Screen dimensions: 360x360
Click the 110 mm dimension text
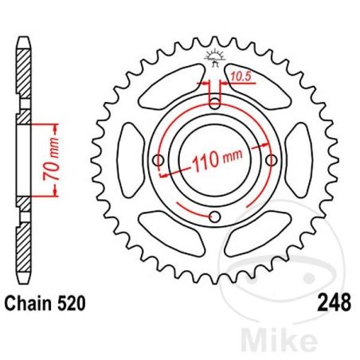tap(217, 159)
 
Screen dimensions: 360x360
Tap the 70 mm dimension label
tap(52, 158)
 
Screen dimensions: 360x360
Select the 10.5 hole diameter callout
tap(240, 76)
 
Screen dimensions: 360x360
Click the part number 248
tap(335, 303)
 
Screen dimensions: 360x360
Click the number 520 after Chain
tap(71, 303)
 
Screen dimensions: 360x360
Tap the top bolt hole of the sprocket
tap(215, 103)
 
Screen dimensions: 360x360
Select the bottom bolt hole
tap(215, 217)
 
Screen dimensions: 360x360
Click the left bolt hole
tap(158, 160)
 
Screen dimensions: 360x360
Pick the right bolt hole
tap(272, 160)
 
